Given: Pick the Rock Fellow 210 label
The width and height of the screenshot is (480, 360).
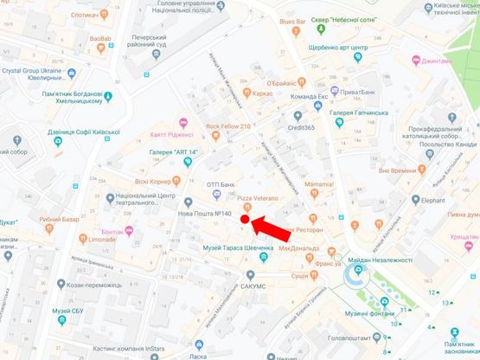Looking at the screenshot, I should (x=228, y=126).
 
